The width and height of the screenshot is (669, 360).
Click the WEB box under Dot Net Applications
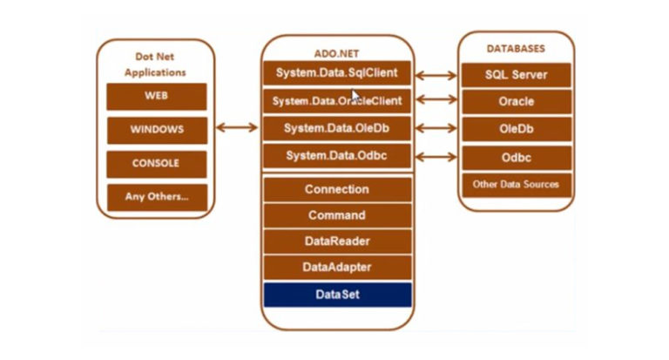[x=157, y=97]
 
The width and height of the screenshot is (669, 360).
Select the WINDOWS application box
[x=157, y=130]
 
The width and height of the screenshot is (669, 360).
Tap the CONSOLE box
[x=157, y=164]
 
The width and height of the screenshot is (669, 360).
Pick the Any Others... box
[x=157, y=197]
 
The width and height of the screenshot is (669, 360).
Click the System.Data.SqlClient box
[x=337, y=73]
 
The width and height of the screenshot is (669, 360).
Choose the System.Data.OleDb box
[x=337, y=128]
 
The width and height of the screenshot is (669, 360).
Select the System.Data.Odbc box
[x=337, y=156]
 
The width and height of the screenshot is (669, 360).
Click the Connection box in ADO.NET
[x=337, y=190]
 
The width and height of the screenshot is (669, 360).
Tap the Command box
[x=337, y=215]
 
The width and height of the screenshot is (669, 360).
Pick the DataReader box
[x=337, y=241]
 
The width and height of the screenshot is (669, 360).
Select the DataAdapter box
[x=337, y=268]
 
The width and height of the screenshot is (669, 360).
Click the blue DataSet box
[x=337, y=295]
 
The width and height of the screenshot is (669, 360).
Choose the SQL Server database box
[x=517, y=75]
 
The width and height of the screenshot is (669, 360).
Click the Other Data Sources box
[x=517, y=185]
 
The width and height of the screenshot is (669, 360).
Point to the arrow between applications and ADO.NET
[x=237, y=127]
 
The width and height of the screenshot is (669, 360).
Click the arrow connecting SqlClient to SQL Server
[x=436, y=76]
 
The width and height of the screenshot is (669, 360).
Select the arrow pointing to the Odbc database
[x=436, y=157]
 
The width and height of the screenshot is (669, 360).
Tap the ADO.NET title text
[x=336, y=54]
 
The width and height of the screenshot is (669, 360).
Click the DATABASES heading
[x=516, y=49]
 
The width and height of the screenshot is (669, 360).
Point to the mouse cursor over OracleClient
[x=355, y=95]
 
